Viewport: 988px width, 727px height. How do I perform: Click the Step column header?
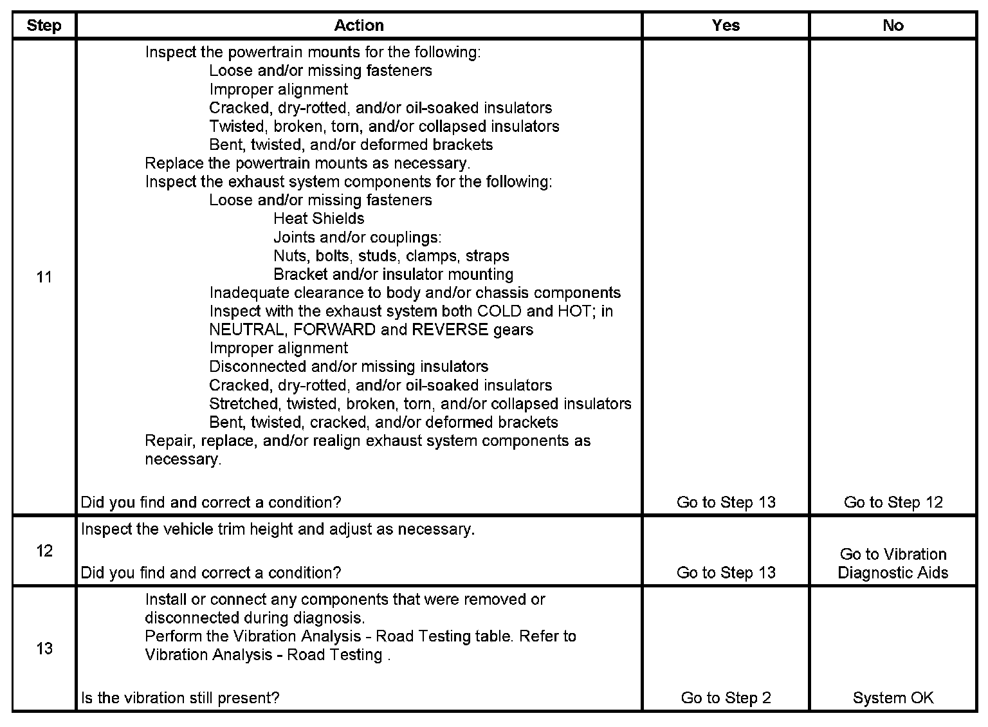coord(44,26)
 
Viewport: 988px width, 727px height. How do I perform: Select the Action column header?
coord(359,26)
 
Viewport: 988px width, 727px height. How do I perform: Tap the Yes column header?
coord(726,26)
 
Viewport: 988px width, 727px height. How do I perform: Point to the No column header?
coord(893,26)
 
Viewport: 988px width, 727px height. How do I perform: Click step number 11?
coord(44,277)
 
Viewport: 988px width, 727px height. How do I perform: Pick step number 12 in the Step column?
coord(44,551)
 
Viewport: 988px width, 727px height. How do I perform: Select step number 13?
coord(44,648)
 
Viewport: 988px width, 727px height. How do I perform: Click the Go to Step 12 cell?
coord(893,502)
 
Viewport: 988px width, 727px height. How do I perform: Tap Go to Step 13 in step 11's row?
coord(726,502)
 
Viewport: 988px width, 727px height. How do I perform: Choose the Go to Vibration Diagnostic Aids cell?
coord(893,563)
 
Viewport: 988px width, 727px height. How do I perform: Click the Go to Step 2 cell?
coord(726,698)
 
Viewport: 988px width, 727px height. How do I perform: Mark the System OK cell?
coord(893,698)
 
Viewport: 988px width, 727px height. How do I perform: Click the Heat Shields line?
coord(319,219)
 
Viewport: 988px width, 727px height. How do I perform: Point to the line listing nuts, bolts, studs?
coord(391,256)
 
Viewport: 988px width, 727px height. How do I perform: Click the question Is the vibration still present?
coord(180,698)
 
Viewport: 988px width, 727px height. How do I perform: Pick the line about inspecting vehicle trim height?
coord(278,529)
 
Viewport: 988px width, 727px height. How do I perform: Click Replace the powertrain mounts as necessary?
coord(307,163)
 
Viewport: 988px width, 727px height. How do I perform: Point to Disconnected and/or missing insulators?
coord(349,367)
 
